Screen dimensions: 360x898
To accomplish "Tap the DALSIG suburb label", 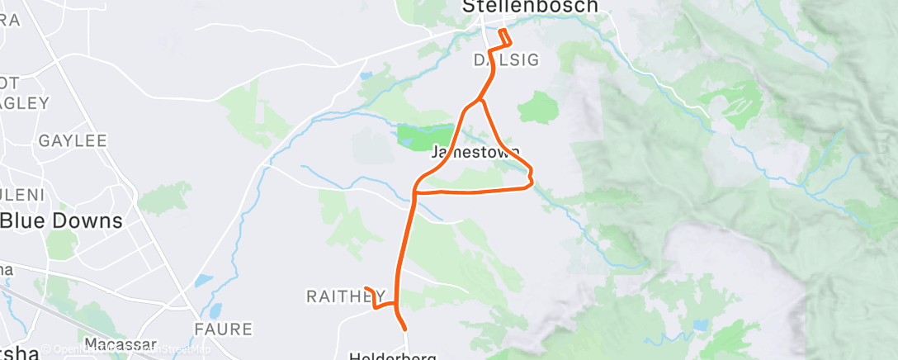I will point(505,60).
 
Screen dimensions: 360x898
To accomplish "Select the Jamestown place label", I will point(475,153).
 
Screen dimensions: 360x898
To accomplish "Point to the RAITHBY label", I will point(346,296).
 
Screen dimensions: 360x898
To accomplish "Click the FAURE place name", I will point(223,329).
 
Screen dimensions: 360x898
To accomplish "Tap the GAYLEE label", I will point(73,141).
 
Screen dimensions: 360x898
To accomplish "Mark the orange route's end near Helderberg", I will point(405,329).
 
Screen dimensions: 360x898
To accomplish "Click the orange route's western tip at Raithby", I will point(366,288).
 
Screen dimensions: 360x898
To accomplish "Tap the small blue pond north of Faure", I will point(204,282).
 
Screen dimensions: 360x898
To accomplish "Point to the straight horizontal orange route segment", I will point(470,191).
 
